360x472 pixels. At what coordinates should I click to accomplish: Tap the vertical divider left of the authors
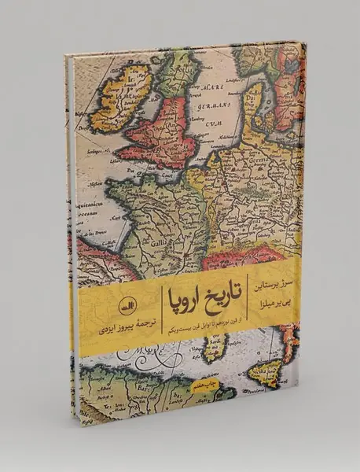tap(251, 293)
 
